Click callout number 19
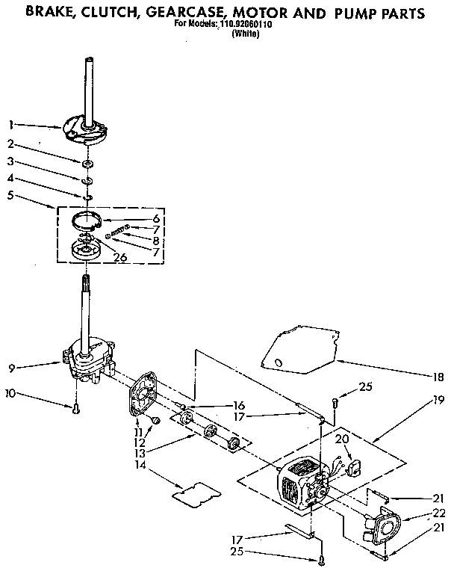[x=439, y=399]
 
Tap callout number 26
[x=120, y=257]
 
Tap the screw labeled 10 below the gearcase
[x=75, y=408]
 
